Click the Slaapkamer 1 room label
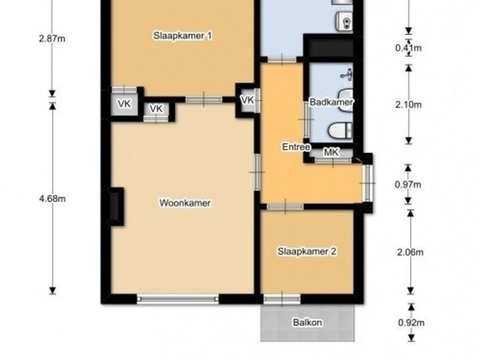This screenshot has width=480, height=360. click(182, 36)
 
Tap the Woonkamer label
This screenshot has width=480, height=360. click(185, 203)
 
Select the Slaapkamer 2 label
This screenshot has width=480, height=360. click(307, 252)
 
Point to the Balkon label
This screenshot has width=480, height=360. click(307, 322)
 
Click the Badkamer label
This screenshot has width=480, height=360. click(331, 102)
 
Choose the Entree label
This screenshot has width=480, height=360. click(296, 147)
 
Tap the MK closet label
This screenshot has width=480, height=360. click(331, 152)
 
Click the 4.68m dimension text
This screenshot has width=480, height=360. click(52, 199)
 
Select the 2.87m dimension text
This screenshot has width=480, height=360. click(52, 39)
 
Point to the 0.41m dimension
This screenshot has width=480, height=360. click(408, 48)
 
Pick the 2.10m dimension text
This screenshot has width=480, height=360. click(408, 105)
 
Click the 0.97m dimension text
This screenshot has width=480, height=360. click(408, 184)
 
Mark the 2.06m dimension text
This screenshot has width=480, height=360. click(410, 252)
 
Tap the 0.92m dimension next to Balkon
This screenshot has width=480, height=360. click(411, 322)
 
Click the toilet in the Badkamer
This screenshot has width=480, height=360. click(340, 130)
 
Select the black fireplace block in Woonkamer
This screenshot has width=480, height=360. click(117, 207)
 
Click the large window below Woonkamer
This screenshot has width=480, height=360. click(178, 298)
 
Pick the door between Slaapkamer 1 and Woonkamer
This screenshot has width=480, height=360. click(204, 100)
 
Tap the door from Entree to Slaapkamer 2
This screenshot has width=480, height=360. click(285, 207)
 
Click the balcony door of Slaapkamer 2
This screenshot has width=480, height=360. click(282, 298)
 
